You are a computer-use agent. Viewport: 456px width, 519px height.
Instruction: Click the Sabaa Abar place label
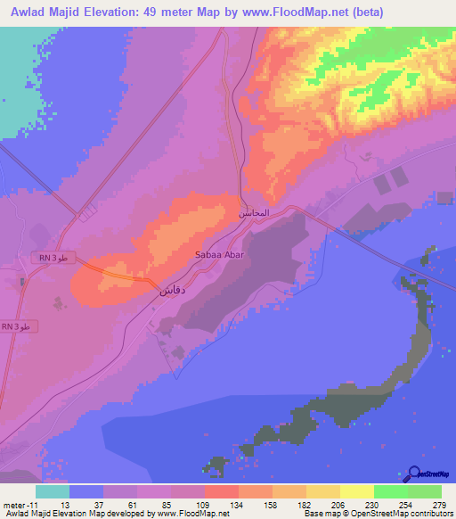[x=219, y=254]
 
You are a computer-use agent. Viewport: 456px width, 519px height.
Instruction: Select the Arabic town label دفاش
[x=173, y=292]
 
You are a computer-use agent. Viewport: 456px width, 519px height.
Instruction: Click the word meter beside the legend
[x=13, y=505]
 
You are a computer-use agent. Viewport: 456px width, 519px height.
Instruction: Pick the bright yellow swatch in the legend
[x=357, y=491]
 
